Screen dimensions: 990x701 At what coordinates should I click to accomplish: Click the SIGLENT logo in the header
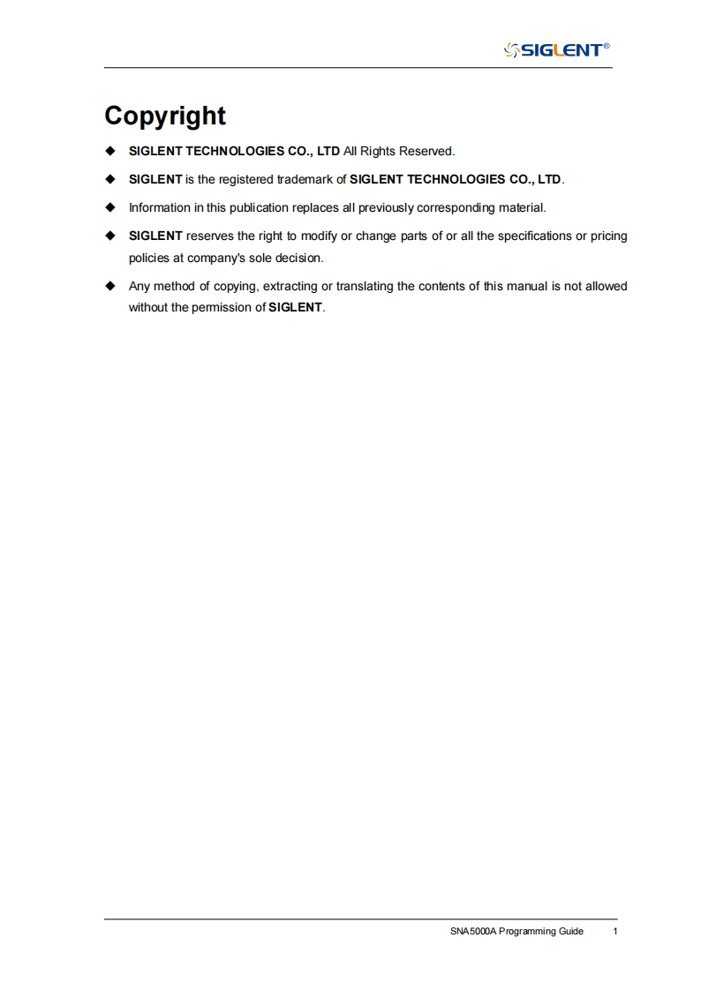coord(556,49)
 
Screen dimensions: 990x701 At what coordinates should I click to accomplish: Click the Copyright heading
coord(165,116)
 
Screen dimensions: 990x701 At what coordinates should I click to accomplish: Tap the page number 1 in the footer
coord(614,931)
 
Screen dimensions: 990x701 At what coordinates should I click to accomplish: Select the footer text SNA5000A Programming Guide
coord(516,931)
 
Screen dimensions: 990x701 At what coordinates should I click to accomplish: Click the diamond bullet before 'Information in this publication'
coord(110,207)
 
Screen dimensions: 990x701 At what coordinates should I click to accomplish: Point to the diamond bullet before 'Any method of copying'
coord(110,286)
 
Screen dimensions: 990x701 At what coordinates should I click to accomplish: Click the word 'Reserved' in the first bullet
coord(426,151)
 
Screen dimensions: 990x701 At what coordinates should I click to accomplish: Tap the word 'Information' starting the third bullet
coord(159,207)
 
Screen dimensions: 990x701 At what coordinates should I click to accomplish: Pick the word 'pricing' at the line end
coord(608,236)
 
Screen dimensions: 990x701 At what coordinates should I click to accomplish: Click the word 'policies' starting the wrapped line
coord(150,259)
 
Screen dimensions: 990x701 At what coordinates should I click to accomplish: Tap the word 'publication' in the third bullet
coord(247,207)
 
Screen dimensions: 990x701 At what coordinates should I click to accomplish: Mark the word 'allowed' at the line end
coord(605,286)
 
